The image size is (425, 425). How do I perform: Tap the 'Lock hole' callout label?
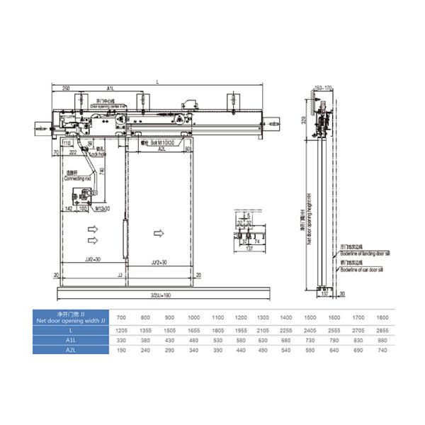(97, 153)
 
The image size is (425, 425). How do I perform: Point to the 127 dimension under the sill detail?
(250, 249)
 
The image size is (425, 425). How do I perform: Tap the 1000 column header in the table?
(192, 318)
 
